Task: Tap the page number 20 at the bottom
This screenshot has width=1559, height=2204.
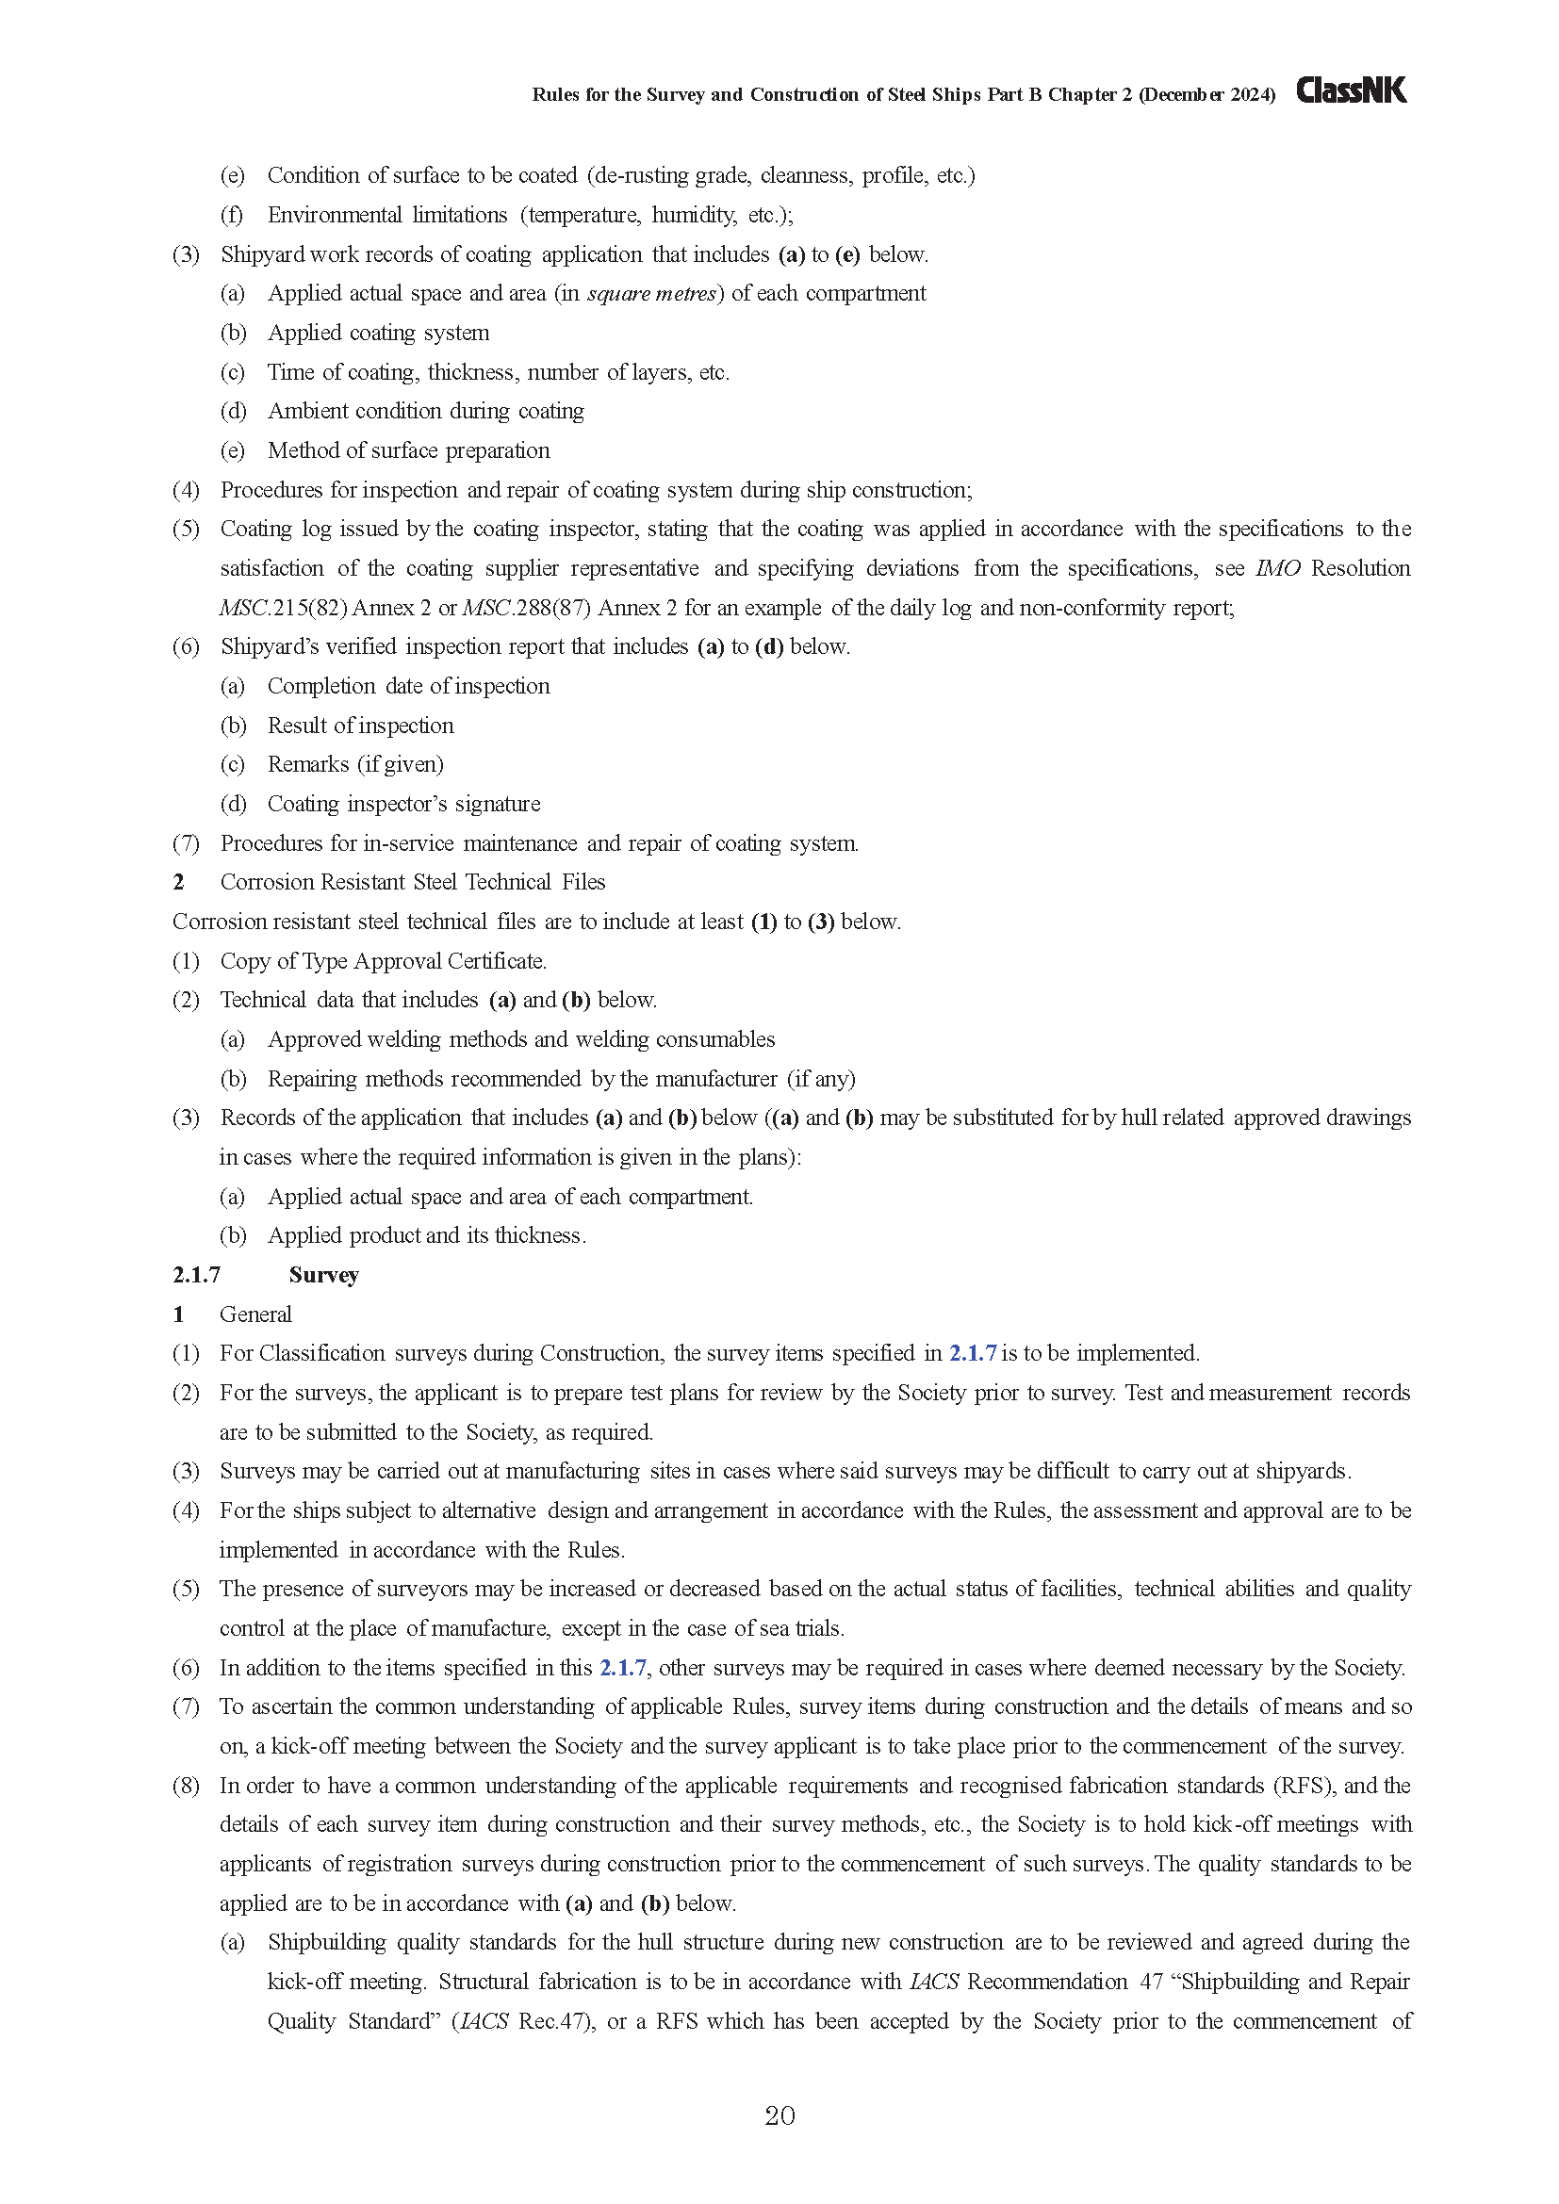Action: coord(779,2115)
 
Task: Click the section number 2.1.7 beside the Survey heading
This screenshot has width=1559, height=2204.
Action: coord(197,1275)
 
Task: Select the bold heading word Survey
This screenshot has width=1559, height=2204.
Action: coord(323,1275)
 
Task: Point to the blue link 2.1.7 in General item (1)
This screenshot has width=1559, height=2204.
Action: coord(973,1353)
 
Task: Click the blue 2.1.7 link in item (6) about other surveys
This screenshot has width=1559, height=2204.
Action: coord(623,1668)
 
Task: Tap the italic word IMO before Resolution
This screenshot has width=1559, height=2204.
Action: coord(1278,568)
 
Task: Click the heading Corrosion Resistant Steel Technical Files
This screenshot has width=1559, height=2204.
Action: coord(413,882)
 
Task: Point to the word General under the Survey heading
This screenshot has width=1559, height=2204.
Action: coord(255,1314)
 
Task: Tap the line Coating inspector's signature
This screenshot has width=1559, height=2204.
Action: coord(403,804)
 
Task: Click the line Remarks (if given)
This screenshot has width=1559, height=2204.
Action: coord(355,764)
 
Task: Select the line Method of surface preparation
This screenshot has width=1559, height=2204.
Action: coord(408,450)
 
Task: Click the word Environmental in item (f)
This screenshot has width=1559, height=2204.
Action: coord(333,215)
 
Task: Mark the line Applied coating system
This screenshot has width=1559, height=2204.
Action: coord(378,333)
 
